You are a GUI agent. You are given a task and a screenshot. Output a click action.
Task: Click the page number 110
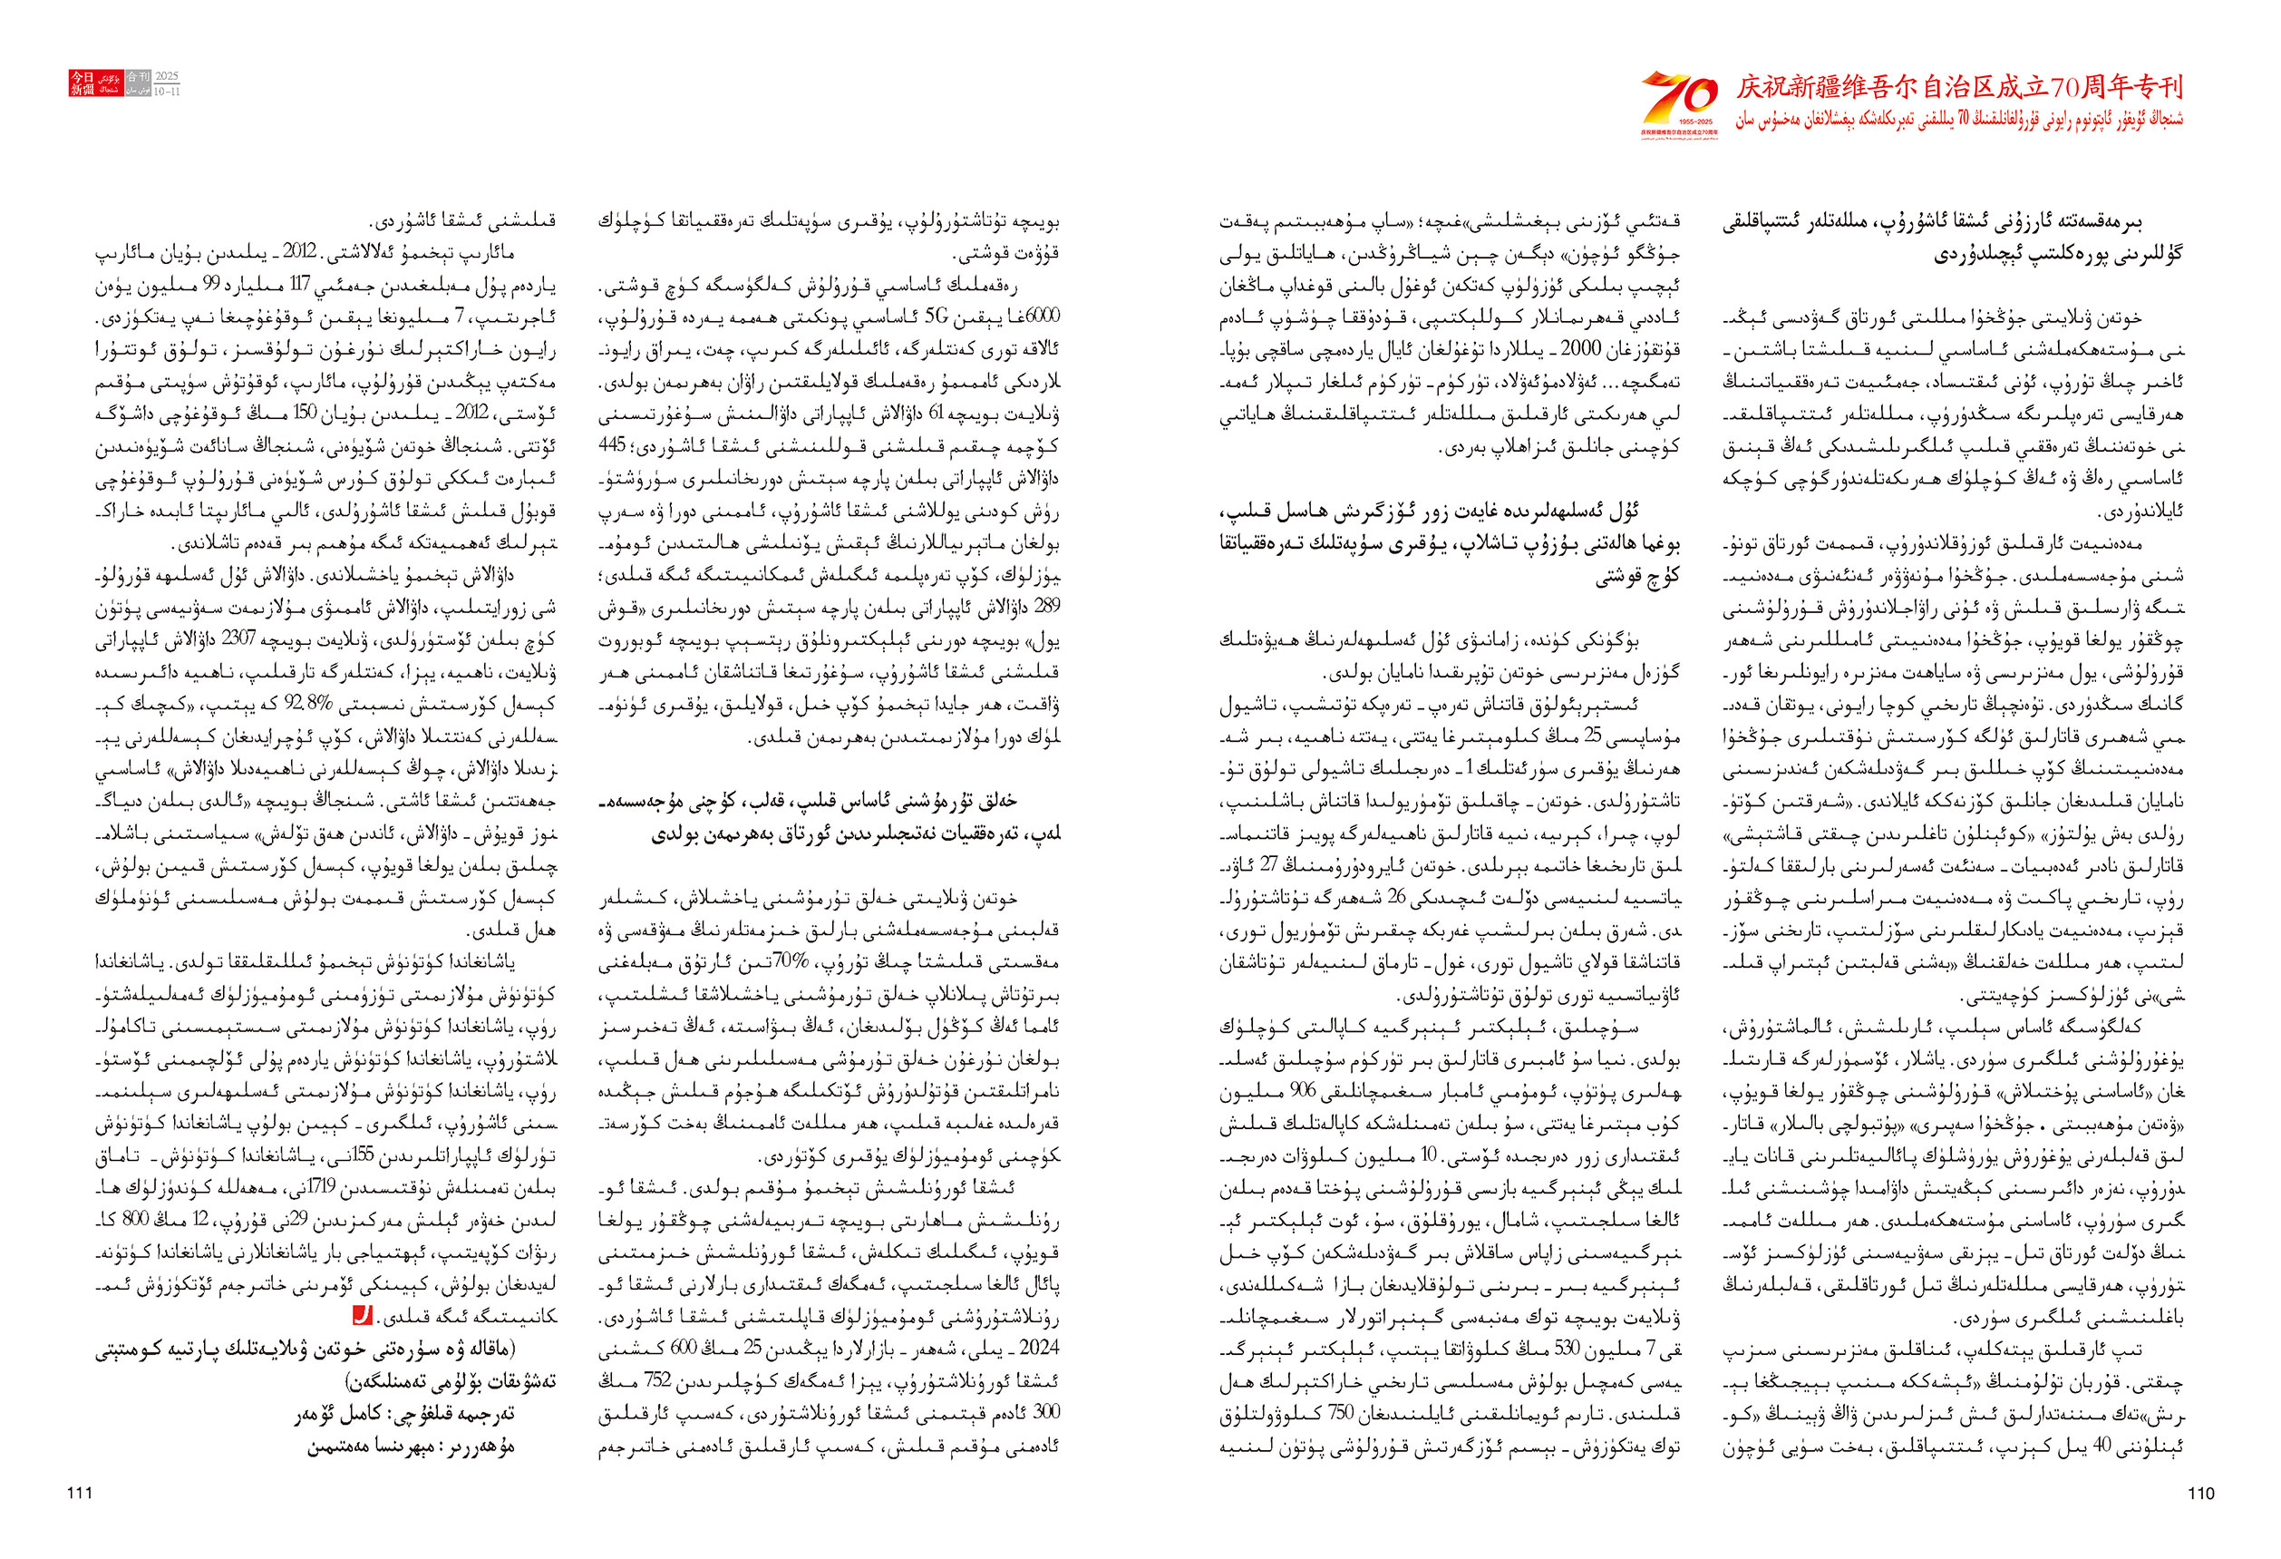[2200, 1493]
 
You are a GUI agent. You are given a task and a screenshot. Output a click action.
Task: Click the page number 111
[80, 1493]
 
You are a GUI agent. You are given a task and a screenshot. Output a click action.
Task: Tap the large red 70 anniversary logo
[1680, 102]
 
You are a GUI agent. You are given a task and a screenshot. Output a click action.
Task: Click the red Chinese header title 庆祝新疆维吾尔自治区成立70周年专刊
[1959, 87]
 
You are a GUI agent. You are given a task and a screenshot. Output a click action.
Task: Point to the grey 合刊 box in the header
[139, 83]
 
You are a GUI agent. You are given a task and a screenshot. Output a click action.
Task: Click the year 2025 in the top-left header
[167, 76]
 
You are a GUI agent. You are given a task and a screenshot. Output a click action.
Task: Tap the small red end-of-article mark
[362, 1314]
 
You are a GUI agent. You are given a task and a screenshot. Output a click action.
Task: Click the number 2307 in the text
[238, 640]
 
